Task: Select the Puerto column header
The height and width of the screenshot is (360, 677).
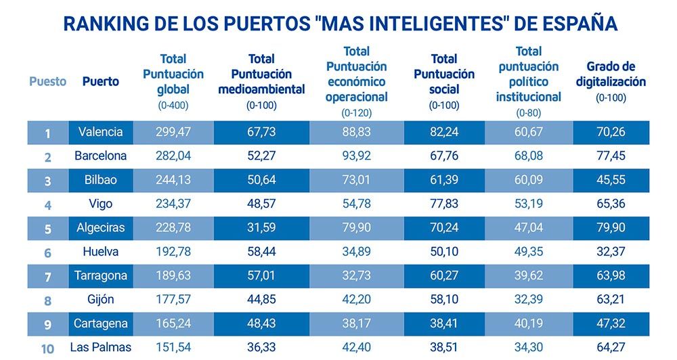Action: tap(100, 81)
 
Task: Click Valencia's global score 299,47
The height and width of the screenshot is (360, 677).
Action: tap(173, 132)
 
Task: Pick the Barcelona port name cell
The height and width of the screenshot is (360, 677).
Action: tap(100, 156)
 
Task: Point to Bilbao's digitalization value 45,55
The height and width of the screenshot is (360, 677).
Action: tap(610, 180)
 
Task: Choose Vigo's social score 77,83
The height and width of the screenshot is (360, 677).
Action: tap(444, 204)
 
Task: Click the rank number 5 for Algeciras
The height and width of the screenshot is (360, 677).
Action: tap(47, 229)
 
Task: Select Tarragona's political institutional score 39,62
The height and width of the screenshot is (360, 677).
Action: tap(528, 275)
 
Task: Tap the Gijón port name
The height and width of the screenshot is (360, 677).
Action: tap(100, 300)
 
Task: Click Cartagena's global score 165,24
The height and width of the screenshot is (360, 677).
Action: tap(173, 323)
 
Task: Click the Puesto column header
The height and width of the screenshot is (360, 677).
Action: tap(47, 81)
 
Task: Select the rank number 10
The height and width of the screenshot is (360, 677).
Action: tap(47, 348)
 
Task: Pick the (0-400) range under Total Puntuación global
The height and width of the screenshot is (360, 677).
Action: tap(173, 105)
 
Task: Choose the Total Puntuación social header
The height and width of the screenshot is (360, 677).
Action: tap(444, 74)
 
